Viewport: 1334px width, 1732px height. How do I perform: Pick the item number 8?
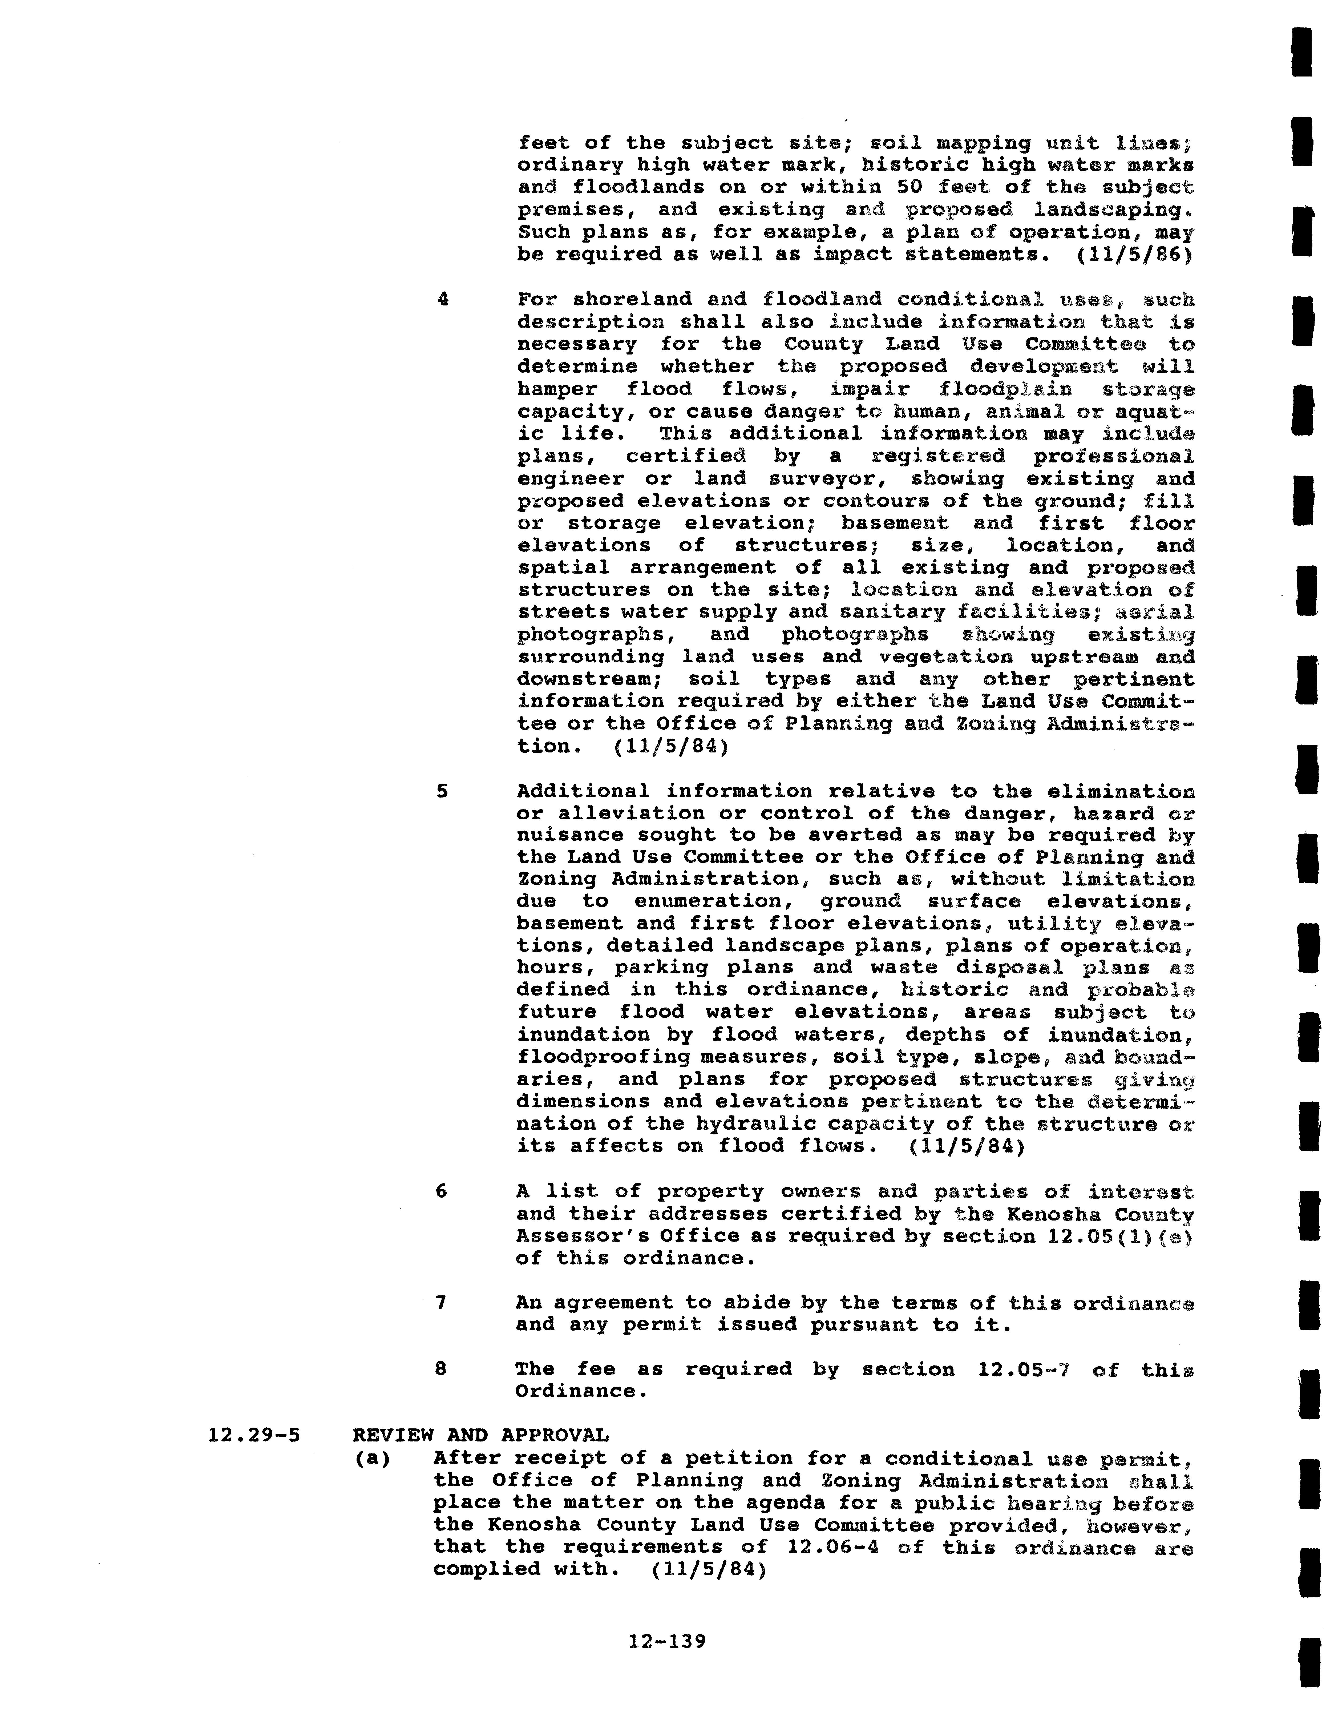(x=441, y=1369)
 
